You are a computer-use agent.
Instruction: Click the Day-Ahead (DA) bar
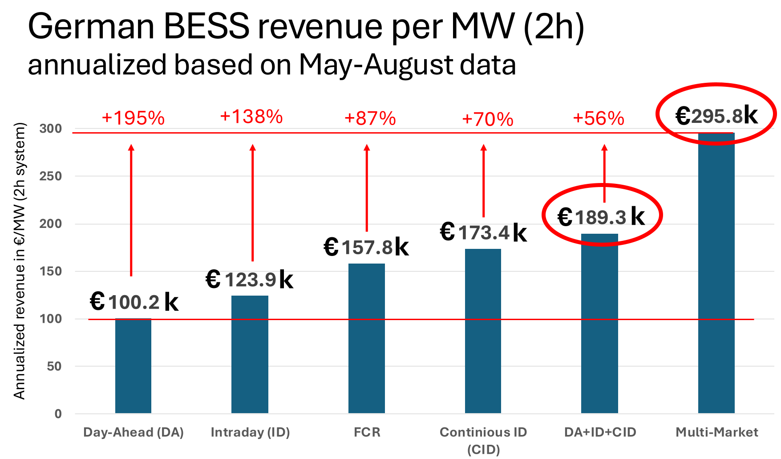(x=133, y=366)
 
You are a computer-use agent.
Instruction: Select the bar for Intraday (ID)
(x=250, y=354)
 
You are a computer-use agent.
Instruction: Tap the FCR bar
(x=366, y=338)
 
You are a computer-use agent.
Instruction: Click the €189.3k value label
(x=601, y=217)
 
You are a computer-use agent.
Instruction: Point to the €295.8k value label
(x=716, y=116)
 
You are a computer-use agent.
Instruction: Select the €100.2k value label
(x=134, y=302)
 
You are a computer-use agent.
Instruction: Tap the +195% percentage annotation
(x=133, y=118)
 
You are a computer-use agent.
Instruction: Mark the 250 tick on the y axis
(x=50, y=176)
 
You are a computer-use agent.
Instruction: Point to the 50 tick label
(x=54, y=366)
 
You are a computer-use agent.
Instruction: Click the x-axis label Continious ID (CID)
(x=483, y=440)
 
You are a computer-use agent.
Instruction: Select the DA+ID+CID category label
(x=600, y=432)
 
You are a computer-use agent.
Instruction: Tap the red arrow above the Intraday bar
(x=252, y=203)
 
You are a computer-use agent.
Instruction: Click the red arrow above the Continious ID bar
(x=484, y=180)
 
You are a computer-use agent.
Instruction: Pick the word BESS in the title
(x=206, y=27)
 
